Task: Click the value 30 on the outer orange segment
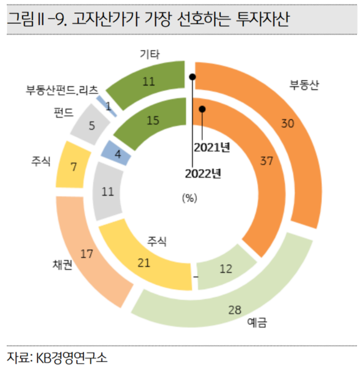(288, 123)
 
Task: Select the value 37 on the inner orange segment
(266, 161)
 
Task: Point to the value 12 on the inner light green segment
(226, 269)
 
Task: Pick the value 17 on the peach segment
(87, 254)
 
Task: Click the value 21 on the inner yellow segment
(144, 262)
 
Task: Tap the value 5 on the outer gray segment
(92, 125)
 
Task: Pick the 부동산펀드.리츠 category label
(62, 89)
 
